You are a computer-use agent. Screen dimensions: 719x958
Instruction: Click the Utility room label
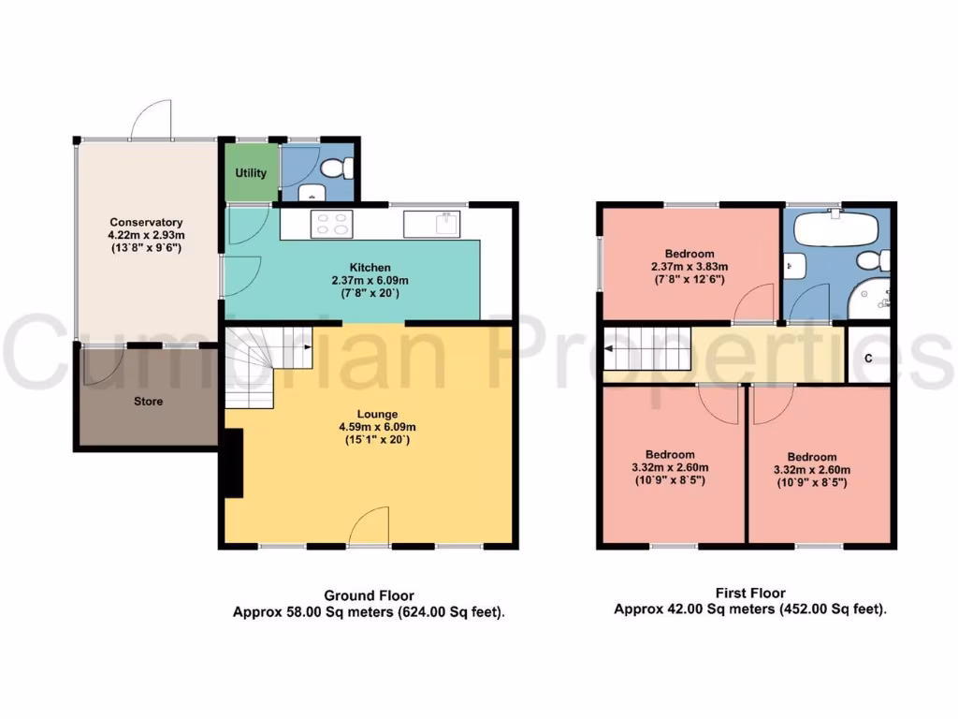(250, 173)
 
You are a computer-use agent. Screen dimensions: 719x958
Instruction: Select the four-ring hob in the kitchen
(332, 225)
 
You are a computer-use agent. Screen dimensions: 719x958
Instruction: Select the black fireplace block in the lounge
(231, 463)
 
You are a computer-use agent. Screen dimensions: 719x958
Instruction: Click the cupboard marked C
(868, 358)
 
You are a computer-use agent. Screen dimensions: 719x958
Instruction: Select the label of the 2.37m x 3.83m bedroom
(689, 254)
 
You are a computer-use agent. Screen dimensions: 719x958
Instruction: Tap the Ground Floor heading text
(369, 595)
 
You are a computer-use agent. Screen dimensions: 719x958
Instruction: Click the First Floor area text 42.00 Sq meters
(711, 609)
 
